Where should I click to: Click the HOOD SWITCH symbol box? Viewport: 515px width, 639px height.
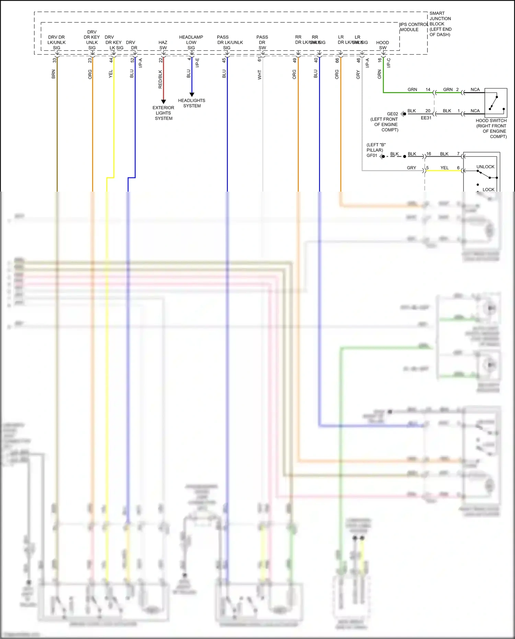pyautogui.click(x=495, y=103)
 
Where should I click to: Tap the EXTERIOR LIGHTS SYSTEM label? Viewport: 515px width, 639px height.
pyautogui.click(x=163, y=113)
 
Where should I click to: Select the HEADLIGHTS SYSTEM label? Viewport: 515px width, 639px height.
pyautogui.click(x=192, y=103)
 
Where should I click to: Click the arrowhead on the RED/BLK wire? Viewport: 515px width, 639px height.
pyautogui.click(x=163, y=102)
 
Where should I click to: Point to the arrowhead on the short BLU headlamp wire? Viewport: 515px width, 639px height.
pyautogui.click(x=192, y=94)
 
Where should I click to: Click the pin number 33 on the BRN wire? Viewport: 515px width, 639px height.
pyautogui.click(x=54, y=60)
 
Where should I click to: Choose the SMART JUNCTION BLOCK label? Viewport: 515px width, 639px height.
pyautogui.click(x=440, y=24)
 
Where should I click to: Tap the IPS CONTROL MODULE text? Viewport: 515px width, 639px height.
pyautogui.click(x=413, y=27)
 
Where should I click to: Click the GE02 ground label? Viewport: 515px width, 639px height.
pyautogui.click(x=392, y=114)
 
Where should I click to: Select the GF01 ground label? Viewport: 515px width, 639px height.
pyautogui.click(x=372, y=156)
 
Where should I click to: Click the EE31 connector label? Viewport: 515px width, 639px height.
pyautogui.click(x=426, y=118)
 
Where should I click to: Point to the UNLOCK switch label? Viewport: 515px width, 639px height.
pyautogui.click(x=485, y=167)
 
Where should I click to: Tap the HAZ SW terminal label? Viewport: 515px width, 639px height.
pyautogui.click(x=163, y=45)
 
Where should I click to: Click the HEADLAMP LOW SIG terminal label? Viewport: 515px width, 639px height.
pyautogui.click(x=191, y=42)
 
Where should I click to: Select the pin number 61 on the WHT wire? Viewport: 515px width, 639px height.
pyautogui.click(x=260, y=59)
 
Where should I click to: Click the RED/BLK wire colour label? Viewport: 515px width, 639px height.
pyautogui.click(x=160, y=79)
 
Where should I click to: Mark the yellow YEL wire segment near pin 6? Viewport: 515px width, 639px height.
pyautogui.click(x=445, y=171)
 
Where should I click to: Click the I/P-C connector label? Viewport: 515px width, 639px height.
pyautogui.click(x=389, y=63)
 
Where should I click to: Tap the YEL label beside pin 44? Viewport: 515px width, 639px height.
pyautogui.click(x=111, y=74)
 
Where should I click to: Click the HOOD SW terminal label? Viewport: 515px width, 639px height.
pyautogui.click(x=382, y=45)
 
